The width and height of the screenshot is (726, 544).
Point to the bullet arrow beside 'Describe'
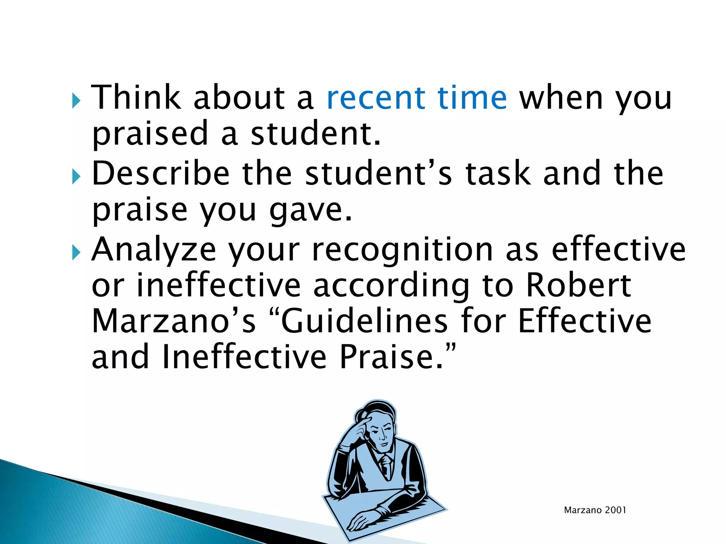76,176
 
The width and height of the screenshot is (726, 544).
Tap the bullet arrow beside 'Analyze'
76,253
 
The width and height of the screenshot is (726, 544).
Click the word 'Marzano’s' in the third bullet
173,321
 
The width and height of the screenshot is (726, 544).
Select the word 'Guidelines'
364,321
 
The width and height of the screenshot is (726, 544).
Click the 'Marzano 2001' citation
595,510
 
